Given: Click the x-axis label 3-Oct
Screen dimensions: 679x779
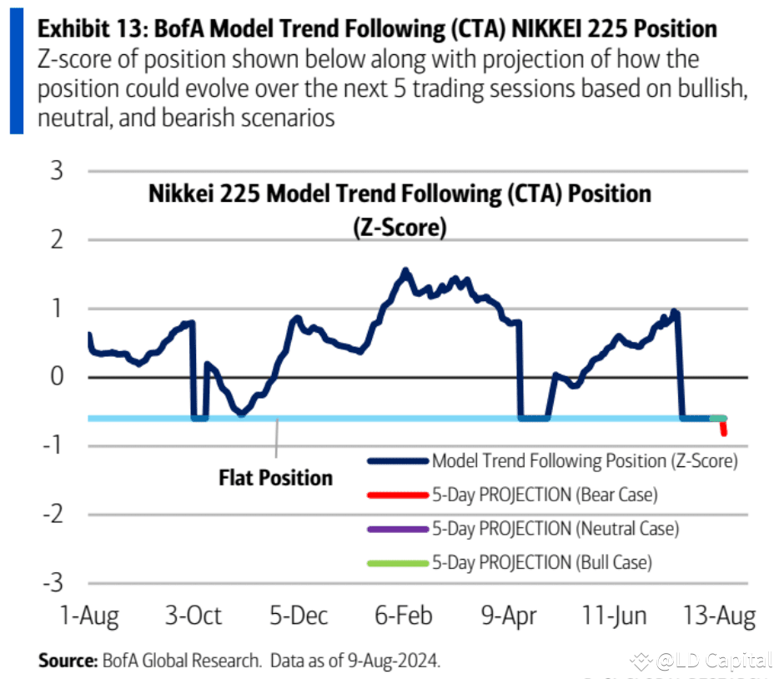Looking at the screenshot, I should tap(193, 616).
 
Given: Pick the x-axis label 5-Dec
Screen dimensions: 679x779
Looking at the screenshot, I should tap(299, 616).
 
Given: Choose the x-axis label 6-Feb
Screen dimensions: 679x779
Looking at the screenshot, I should tap(405, 616).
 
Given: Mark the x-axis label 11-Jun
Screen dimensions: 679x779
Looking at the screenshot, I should tap(615, 616).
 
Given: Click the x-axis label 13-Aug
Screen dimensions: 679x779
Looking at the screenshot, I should tap(720, 616).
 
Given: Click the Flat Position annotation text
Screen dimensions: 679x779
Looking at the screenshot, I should tap(275, 478).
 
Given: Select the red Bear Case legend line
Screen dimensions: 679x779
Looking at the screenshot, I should tap(397, 495).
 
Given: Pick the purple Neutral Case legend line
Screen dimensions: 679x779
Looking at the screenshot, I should tap(397, 529).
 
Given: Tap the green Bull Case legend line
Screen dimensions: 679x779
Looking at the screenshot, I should tap(397, 563).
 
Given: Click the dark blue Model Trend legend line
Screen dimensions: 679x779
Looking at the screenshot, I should tap(397, 460).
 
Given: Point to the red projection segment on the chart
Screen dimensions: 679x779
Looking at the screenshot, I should tap(723, 428).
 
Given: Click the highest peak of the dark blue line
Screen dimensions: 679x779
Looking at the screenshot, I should tap(405, 271).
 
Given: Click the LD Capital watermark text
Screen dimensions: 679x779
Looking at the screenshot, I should tap(713, 661).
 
